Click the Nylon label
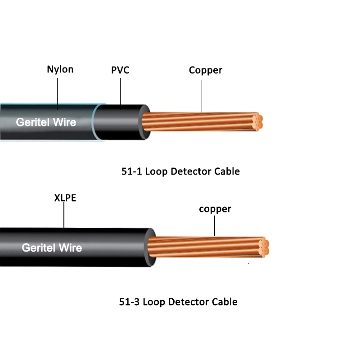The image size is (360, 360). click(x=60, y=69)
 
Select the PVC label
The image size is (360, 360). click(x=120, y=71)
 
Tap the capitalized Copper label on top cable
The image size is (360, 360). click(x=205, y=70)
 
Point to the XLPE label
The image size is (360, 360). click(x=62, y=198)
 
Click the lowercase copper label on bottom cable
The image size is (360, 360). click(x=215, y=209)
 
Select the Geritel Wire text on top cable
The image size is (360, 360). click(x=46, y=122)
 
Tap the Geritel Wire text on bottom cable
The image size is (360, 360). click(x=52, y=247)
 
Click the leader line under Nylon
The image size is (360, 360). click(x=58, y=92)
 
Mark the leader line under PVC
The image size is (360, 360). click(x=120, y=92)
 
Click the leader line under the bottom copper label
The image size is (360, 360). click(x=215, y=226)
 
